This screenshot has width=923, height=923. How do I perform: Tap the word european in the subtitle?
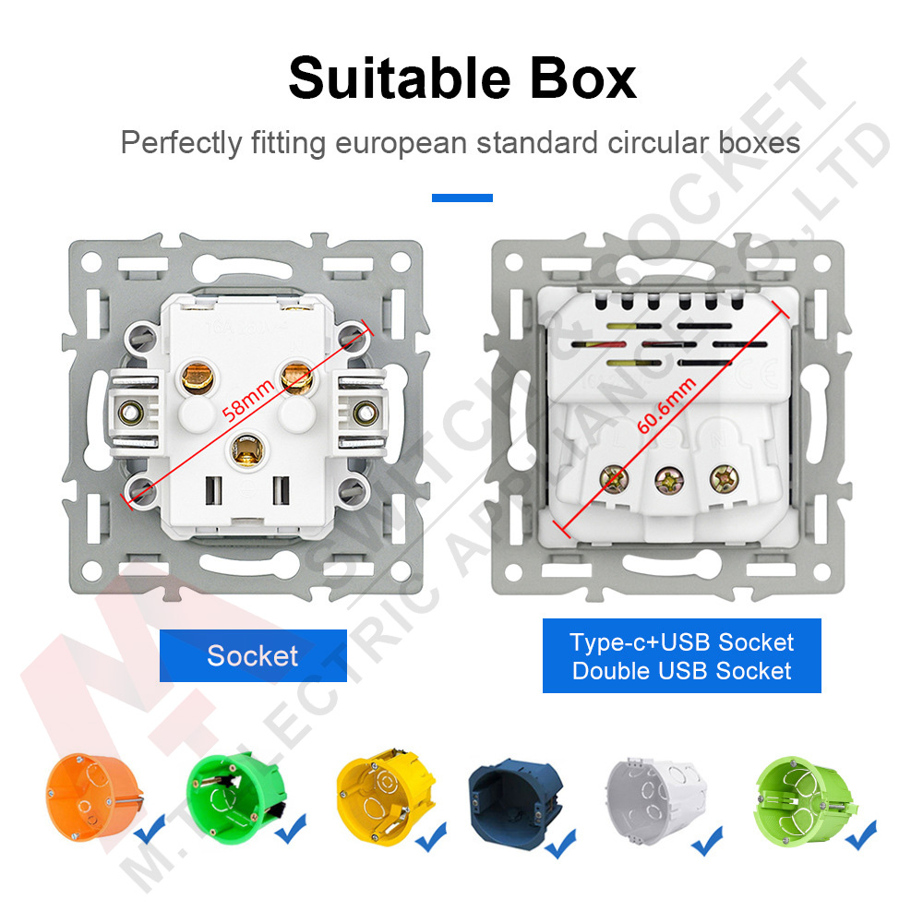pos(407,144)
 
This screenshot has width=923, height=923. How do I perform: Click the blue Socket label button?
pos(253,656)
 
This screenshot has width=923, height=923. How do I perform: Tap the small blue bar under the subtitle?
pos(461,198)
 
